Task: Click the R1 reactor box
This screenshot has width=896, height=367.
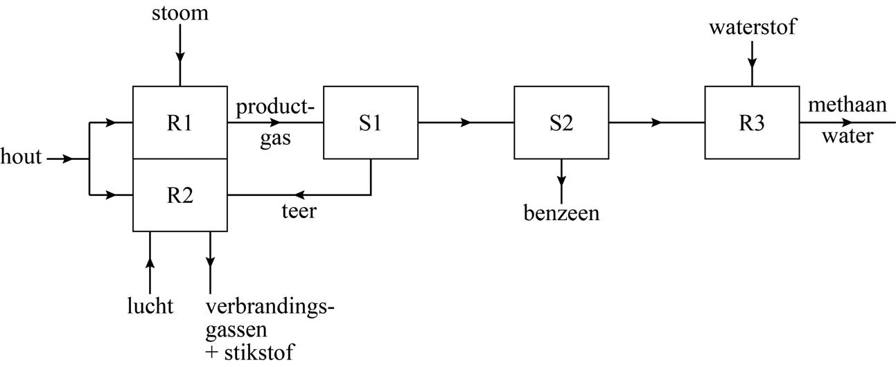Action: (179, 123)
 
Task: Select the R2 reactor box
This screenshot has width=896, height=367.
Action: (179, 195)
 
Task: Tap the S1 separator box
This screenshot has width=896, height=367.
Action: (370, 123)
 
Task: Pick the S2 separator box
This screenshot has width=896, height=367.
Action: (561, 123)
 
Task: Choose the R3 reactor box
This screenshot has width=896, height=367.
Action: (752, 123)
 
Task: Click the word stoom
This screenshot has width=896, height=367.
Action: (180, 13)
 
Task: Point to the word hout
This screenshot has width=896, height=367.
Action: (21, 158)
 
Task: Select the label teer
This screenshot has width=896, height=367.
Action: (299, 211)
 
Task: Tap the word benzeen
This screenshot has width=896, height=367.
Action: (561, 213)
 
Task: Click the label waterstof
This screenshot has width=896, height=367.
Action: (753, 28)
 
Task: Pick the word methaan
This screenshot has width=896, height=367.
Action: (847, 105)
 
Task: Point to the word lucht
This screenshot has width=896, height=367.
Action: (150, 306)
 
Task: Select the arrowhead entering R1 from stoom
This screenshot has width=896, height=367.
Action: (179, 55)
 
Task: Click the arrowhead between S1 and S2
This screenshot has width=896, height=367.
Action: (466, 123)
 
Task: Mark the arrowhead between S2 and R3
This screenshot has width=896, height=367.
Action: (656, 123)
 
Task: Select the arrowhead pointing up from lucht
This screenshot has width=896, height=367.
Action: (150, 264)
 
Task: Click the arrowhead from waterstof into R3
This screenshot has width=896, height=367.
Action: (752, 62)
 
